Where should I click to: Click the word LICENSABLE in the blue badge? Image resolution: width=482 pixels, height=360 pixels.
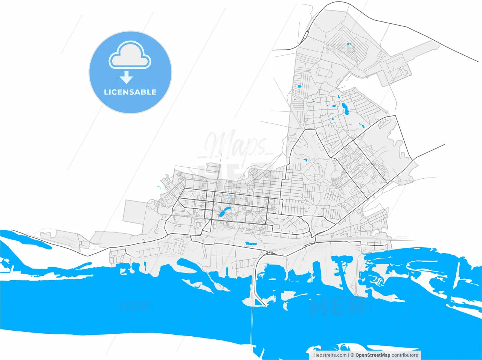pos(130,92)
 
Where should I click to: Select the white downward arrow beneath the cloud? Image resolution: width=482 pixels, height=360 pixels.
pos(127,77)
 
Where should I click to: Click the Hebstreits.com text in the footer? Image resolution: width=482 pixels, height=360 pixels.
pos(330,355)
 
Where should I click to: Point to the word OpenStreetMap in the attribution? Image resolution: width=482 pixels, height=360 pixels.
pos(373,355)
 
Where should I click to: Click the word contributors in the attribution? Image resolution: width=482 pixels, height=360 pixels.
pos(405,355)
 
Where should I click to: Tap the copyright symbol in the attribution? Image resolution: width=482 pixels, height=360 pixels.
pos(352,355)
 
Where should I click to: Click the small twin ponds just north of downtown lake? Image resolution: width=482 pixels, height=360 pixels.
pos(230,197)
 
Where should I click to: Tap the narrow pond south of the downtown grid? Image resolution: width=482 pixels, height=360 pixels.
pos(250,243)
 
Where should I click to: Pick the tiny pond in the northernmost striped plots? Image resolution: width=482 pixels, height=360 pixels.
pos(348,44)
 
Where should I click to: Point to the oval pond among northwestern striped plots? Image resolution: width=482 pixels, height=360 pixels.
pos(300,87)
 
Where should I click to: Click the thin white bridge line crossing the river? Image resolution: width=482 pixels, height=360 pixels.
pos(252,327)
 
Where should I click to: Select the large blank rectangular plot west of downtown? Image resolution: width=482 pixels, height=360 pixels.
pos(134,211)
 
